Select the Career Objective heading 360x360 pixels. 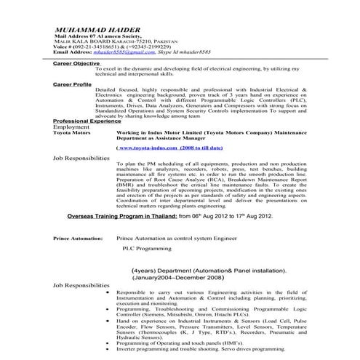pyautogui.click(x=77, y=64)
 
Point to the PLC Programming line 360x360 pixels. pyautogui.click(x=144, y=248)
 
